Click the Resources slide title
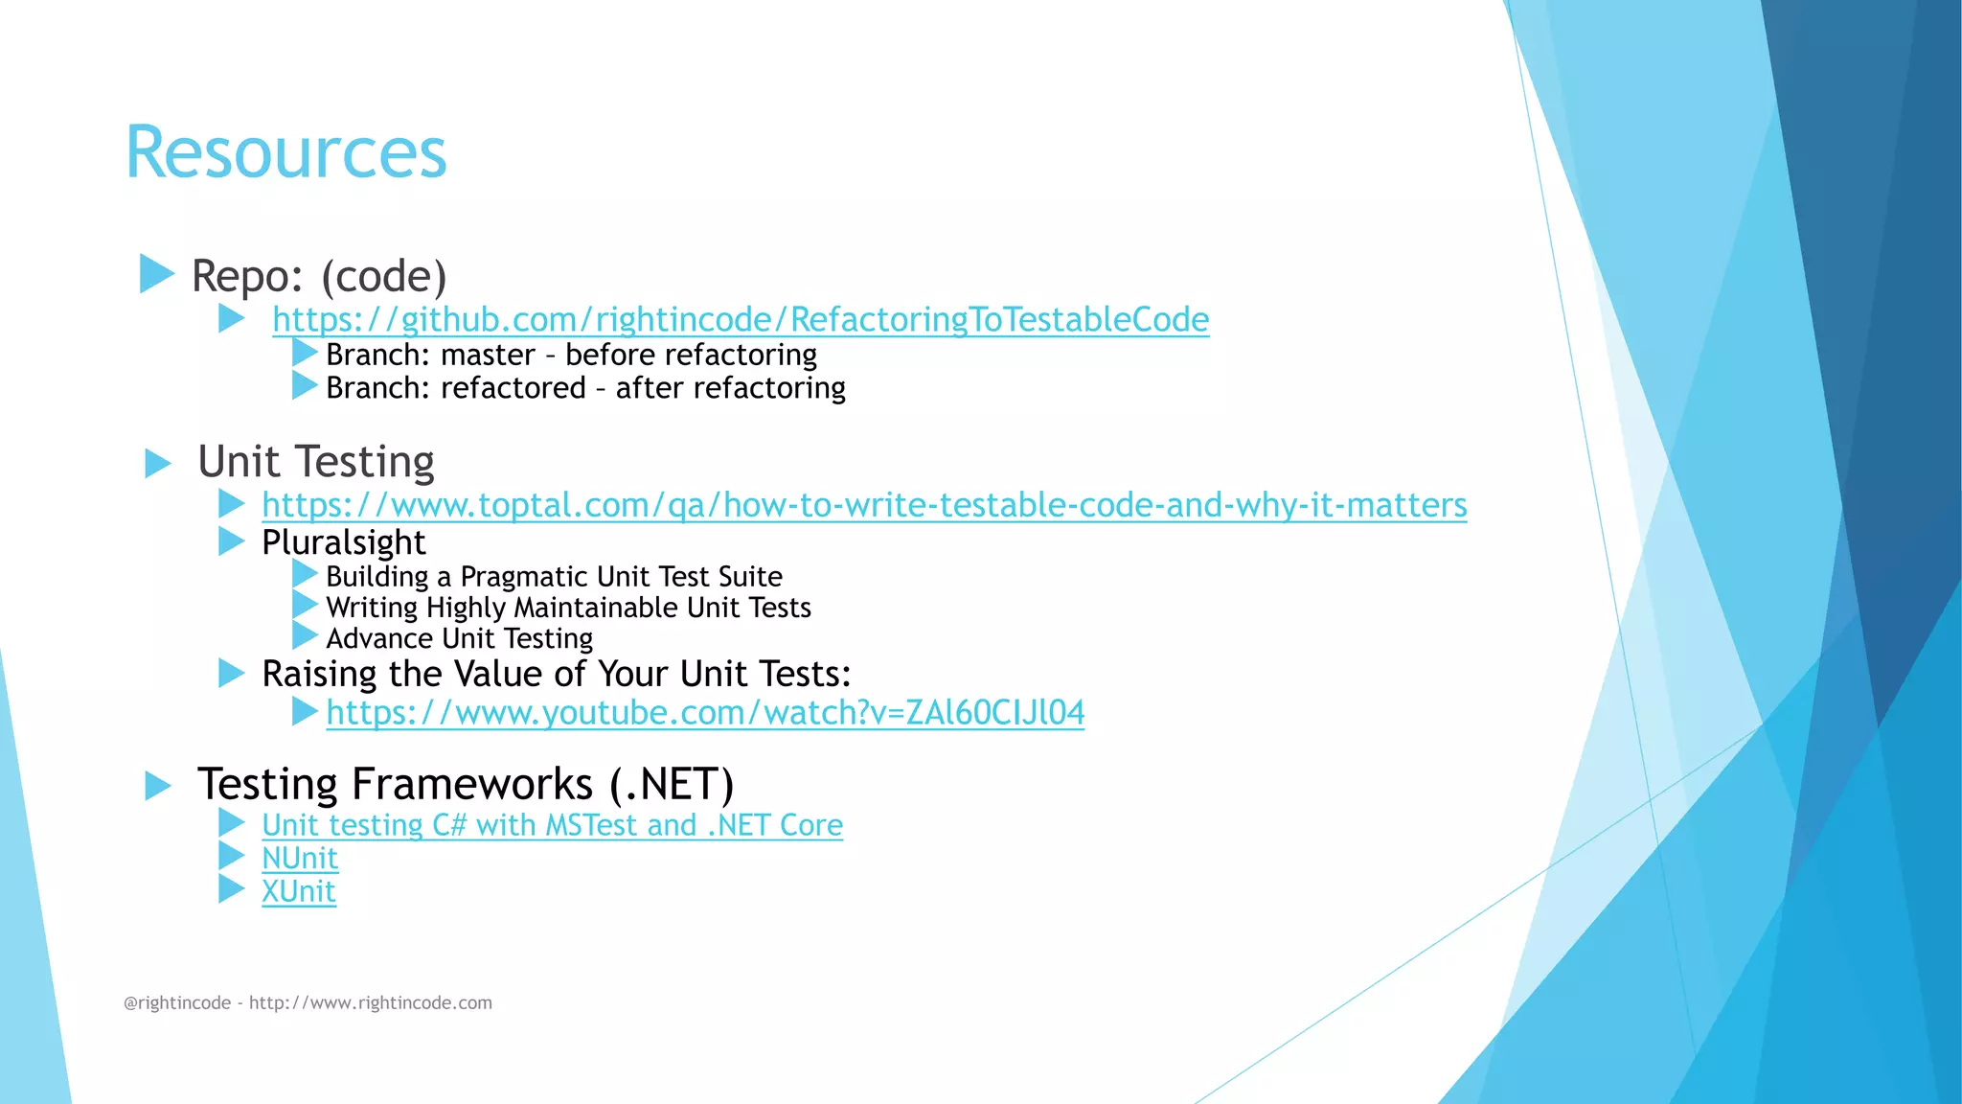pos(285,152)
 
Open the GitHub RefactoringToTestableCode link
pos(740,319)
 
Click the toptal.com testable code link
pos(863,505)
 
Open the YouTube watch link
pos(705,713)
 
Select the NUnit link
pos(300,858)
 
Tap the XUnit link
pos(299,891)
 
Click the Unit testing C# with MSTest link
pos(552,825)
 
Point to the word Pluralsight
pos(343,542)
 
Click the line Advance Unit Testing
pos(459,638)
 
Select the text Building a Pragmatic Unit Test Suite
pos(554,576)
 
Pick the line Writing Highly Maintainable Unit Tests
pos(568,608)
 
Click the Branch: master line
pos(571,355)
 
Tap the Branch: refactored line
pos(585,388)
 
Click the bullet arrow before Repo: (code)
pos(156,273)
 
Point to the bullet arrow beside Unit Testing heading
pos(157,464)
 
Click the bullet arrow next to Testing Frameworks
pos(157,787)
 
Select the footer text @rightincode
pos(177,1003)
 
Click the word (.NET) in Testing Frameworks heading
pos(671,784)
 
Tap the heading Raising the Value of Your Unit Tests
pos(557,674)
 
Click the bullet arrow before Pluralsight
pos(231,541)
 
